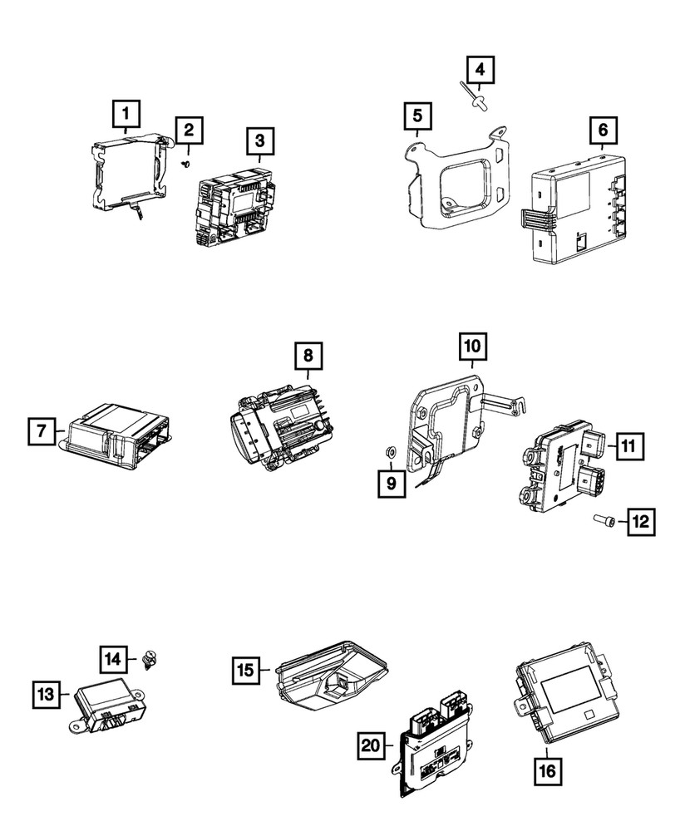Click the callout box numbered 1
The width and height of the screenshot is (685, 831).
pyautogui.click(x=126, y=111)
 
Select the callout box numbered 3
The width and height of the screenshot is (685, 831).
pyautogui.click(x=259, y=141)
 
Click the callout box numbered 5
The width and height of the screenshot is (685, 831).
pyautogui.click(x=418, y=118)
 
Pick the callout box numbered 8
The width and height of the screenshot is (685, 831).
pyautogui.click(x=307, y=356)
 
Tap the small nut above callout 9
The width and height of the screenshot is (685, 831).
pyautogui.click(x=390, y=452)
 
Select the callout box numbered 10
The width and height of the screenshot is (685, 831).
pyautogui.click(x=471, y=345)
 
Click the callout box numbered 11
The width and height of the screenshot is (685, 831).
pyautogui.click(x=628, y=446)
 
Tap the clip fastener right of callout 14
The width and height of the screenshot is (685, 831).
pyautogui.click(x=151, y=661)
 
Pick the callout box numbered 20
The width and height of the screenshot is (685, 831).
pyautogui.click(x=372, y=745)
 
